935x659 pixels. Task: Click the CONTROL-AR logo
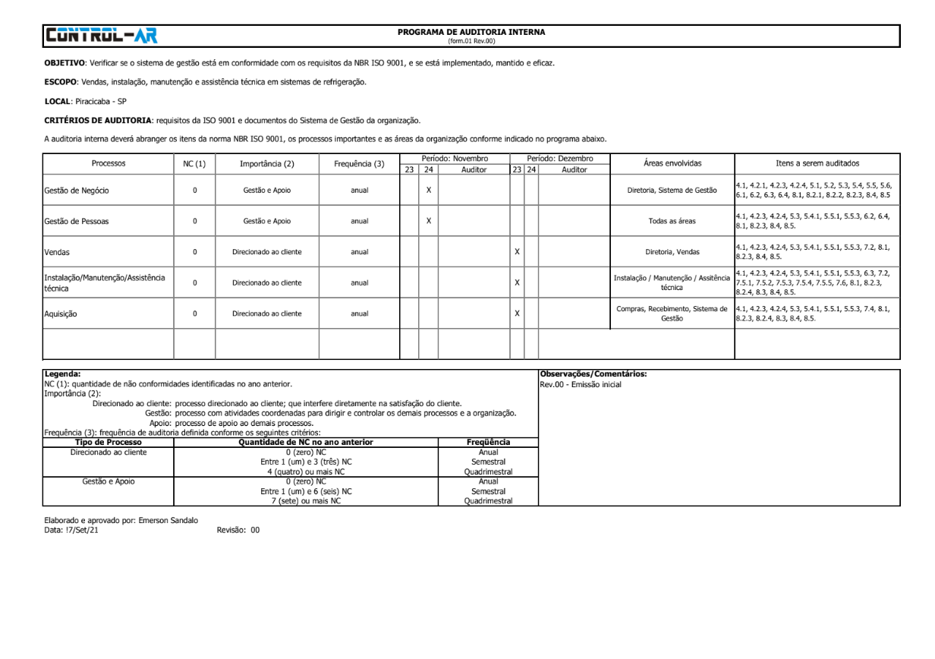click(101, 35)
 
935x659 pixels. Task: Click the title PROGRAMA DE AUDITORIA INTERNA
click(471, 32)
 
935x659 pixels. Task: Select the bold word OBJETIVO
click(65, 62)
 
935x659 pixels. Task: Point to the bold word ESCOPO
click(61, 81)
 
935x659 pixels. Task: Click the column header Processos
click(108, 163)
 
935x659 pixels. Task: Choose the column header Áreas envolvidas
click(672, 163)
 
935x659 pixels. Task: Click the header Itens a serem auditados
click(817, 163)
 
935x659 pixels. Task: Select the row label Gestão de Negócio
click(76, 190)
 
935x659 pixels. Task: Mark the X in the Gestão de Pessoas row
click(428, 221)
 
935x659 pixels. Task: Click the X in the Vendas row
click(516, 251)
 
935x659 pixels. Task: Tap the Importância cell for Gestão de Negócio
click(266, 190)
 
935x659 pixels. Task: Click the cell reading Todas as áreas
click(672, 221)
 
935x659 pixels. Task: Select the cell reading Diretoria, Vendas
click(672, 251)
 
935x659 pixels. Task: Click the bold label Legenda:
click(62, 374)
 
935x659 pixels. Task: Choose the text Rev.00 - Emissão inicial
click(580, 385)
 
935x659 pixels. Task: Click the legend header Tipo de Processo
click(108, 442)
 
